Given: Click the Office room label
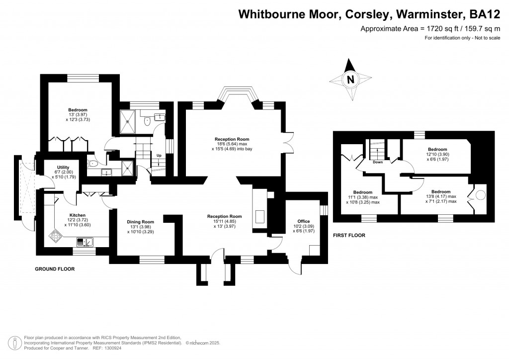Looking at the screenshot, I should pyautogui.click(x=304, y=221).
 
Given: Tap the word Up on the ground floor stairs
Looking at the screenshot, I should pyautogui.click(x=159, y=155).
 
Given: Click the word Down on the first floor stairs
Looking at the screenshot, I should pyautogui.click(x=378, y=162).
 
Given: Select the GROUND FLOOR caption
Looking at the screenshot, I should pyautogui.click(x=55, y=269).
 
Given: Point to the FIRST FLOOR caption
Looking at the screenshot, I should pyautogui.click(x=349, y=235).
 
